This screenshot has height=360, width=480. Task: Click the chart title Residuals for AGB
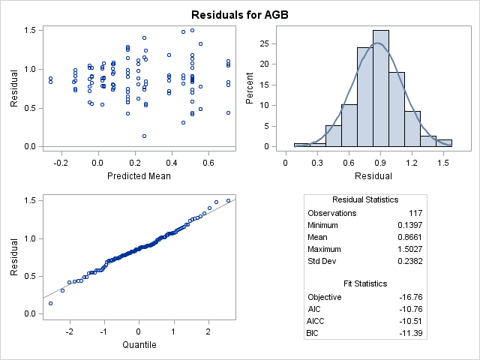click(x=240, y=14)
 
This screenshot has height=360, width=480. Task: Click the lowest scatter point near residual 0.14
click(x=144, y=136)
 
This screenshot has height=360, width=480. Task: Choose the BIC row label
click(x=314, y=332)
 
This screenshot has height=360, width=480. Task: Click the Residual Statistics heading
click(x=365, y=199)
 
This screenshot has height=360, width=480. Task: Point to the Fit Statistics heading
click(x=365, y=283)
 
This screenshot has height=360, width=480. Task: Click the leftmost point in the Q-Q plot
click(x=50, y=303)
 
